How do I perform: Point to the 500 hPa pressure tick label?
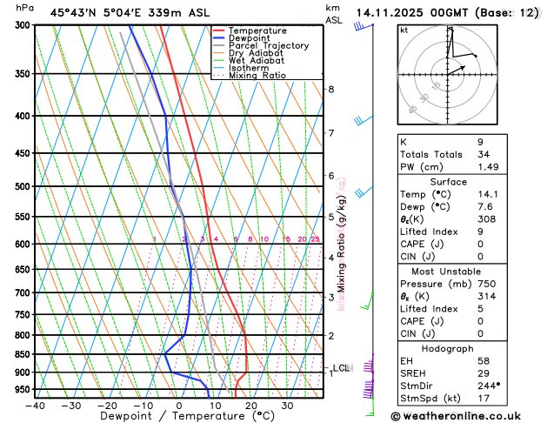click(23, 186)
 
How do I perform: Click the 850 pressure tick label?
click(23, 354)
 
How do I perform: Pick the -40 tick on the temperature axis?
click(35, 406)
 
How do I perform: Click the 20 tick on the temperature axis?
click(250, 406)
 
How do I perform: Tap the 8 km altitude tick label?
click(330, 90)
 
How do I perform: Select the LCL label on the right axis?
click(341, 368)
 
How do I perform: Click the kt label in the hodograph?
click(404, 30)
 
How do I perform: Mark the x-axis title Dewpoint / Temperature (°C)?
click(178, 417)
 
